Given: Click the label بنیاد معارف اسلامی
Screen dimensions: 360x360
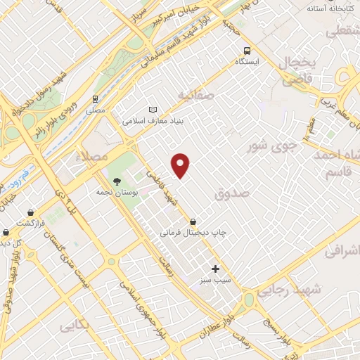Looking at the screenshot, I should tap(153, 120).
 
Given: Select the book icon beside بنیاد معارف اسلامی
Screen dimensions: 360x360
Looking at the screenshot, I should tap(153, 109).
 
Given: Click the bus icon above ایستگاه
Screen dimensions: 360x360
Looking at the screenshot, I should tap(247, 51).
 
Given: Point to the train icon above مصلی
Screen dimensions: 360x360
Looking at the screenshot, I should tap(95, 99).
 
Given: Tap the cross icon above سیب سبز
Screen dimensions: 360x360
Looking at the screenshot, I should tap(215, 269).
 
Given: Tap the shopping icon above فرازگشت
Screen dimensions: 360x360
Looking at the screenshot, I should tap(31, 212).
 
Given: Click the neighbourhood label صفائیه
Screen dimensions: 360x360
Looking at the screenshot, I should tap(194, 94).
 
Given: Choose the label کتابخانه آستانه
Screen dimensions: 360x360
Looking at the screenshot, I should tap(332, 10).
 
